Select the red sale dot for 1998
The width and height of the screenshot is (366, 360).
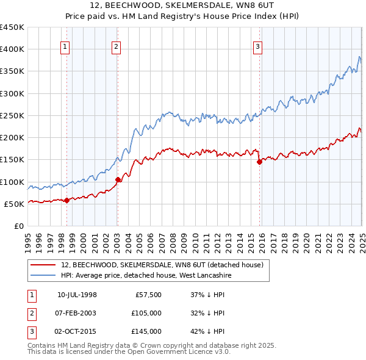click(x=66, y=200)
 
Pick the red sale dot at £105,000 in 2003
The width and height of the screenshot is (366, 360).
click(x=118, y=179)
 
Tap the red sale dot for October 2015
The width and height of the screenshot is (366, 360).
click(x=259, y=162)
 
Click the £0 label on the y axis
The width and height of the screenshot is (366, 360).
click(x=18, y=226)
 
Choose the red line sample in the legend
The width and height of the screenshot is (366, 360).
click(x=43, y=265)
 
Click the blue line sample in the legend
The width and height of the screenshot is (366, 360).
click(x=43, y=275)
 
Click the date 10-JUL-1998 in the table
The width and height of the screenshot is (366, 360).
click(x=77, y=295)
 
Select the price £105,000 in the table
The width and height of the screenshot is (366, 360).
click(x=147, y=313)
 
